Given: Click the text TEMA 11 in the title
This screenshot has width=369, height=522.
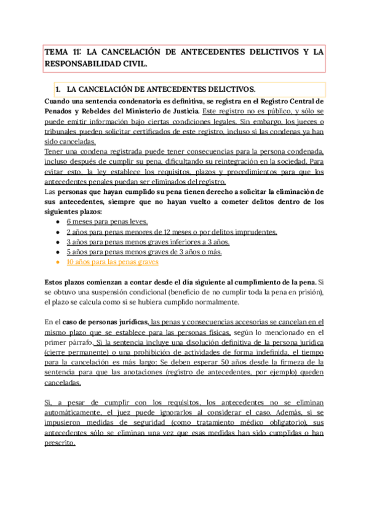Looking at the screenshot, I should tap(63, 52).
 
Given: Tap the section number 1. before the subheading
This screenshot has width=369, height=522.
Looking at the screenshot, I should tap(59, 89).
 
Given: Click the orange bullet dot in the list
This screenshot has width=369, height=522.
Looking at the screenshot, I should tap(57, 262).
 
